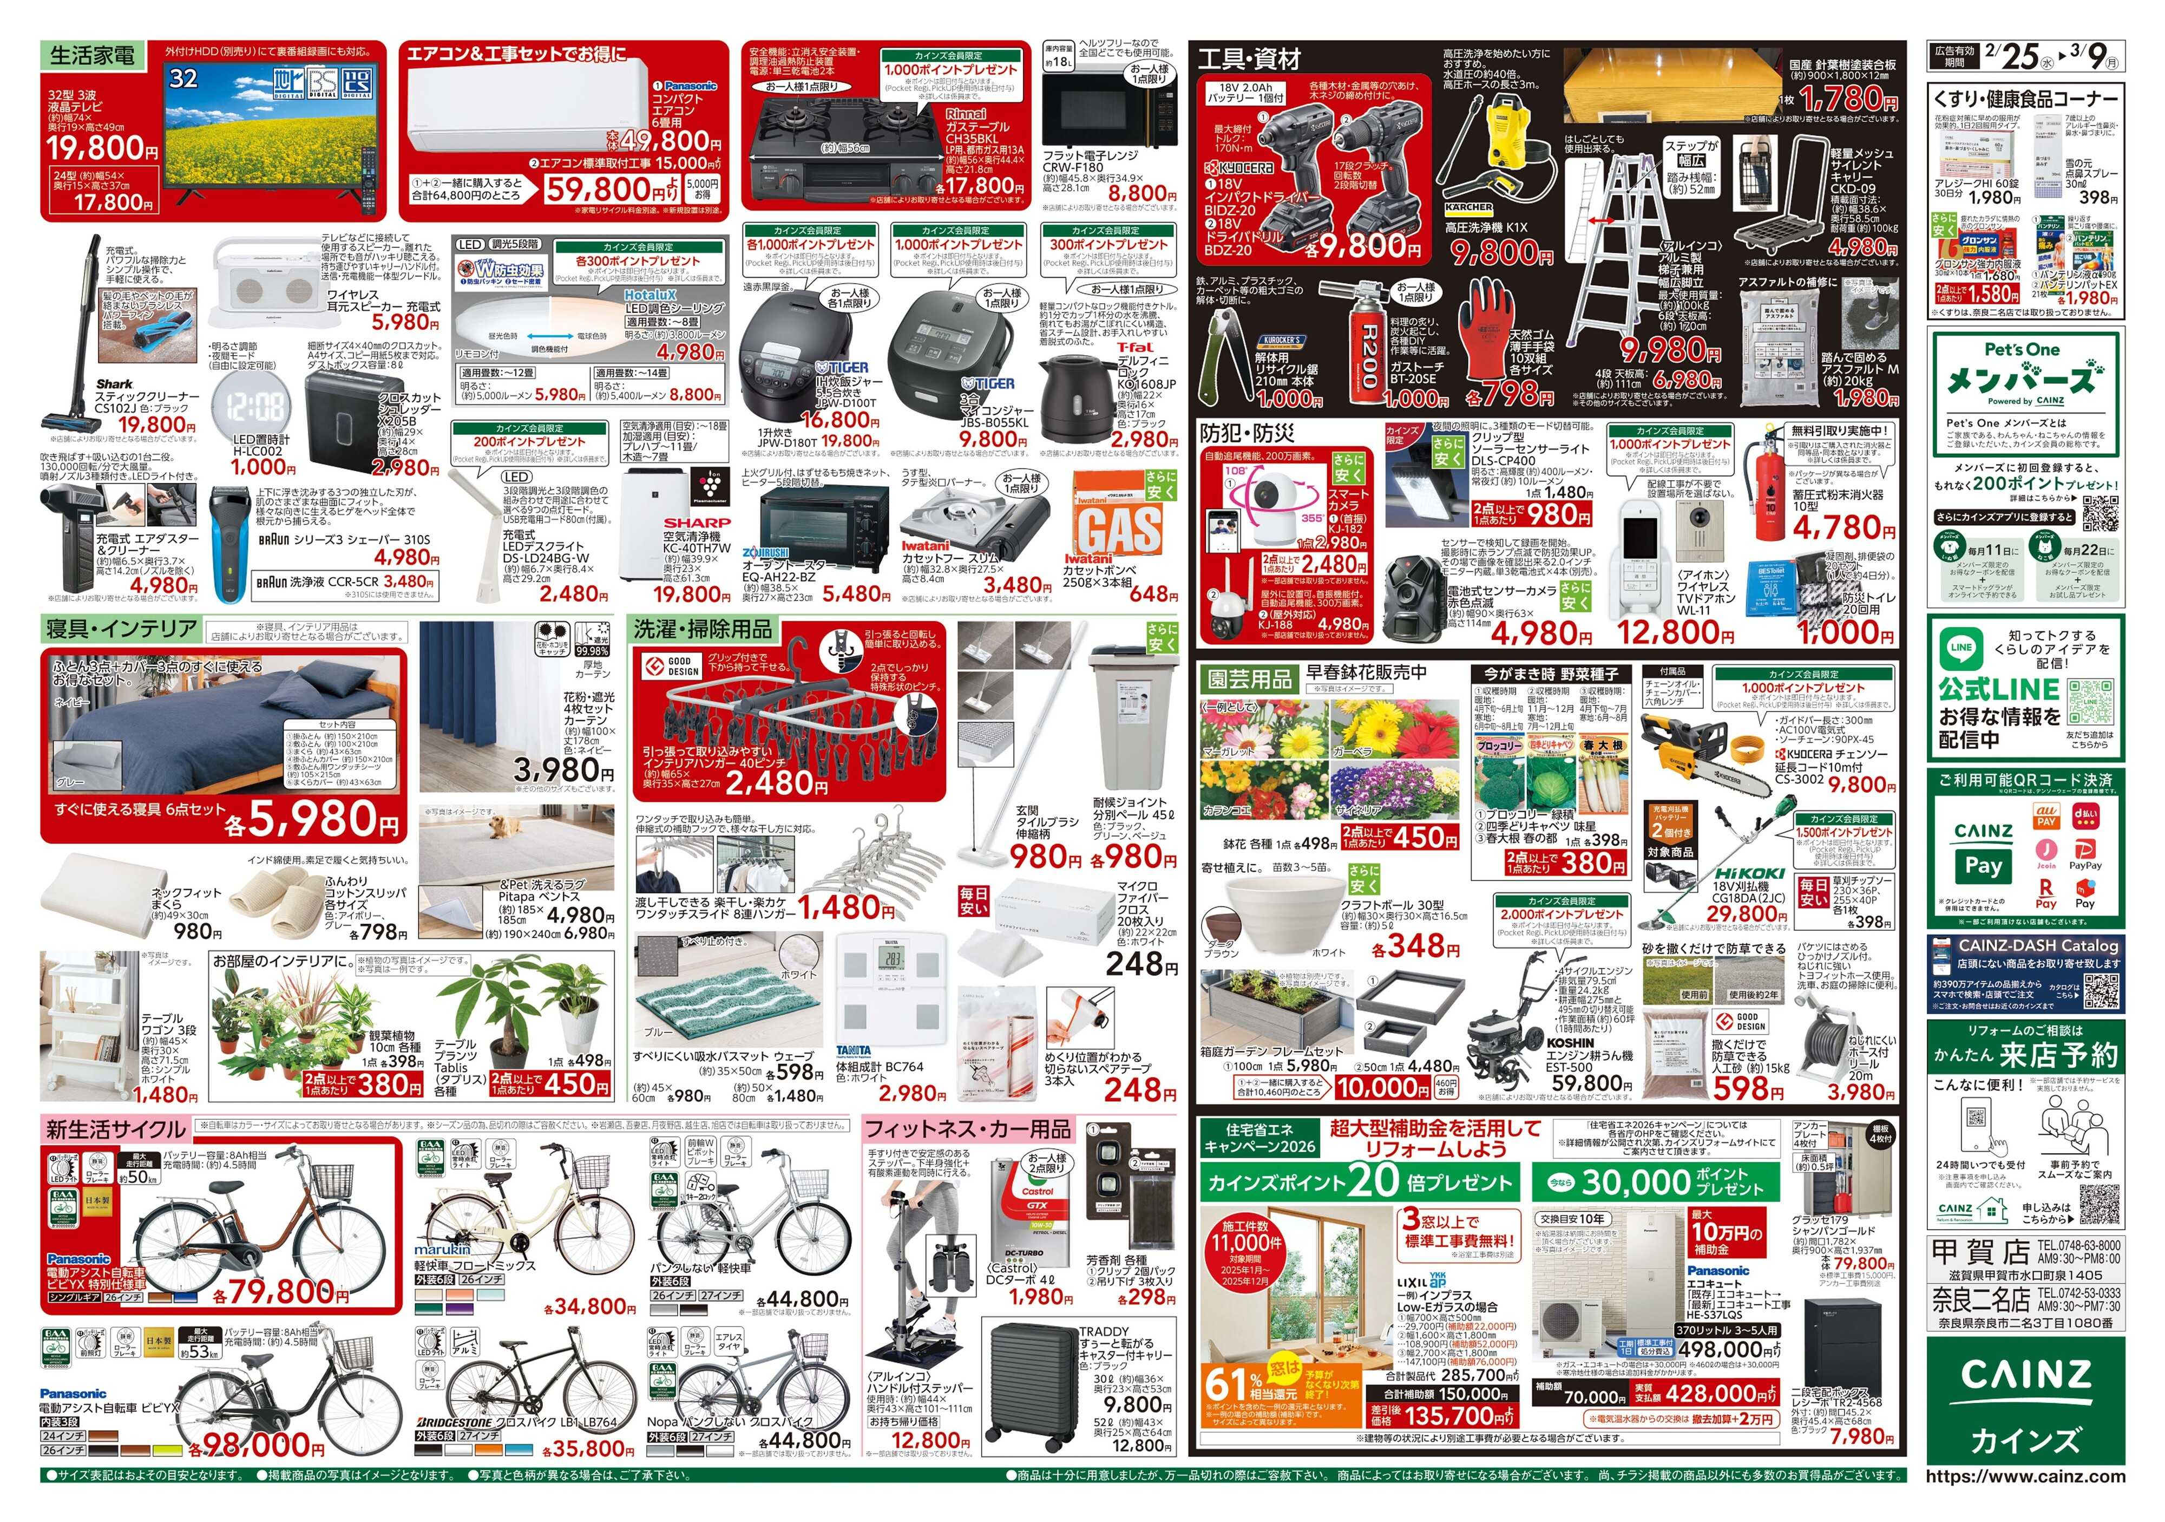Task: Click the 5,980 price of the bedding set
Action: (311, 819)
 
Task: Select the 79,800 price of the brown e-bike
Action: (281, 1291)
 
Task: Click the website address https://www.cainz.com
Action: (2025, 1476)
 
